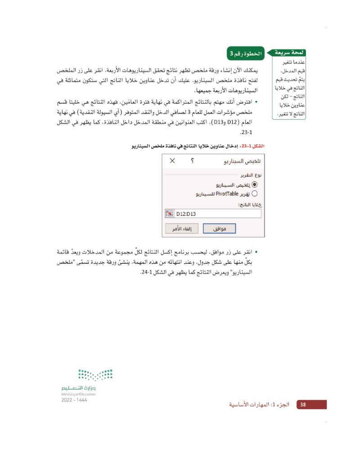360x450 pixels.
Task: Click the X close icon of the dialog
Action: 172,161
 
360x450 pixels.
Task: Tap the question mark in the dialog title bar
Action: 193,161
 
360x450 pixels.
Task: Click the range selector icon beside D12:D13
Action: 170,214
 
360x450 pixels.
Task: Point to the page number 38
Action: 303,405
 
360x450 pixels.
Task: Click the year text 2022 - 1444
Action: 74,399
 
